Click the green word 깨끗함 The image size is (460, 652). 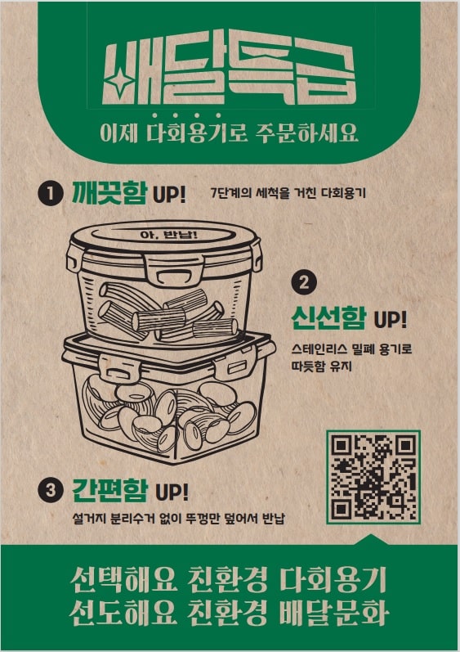[109, 194]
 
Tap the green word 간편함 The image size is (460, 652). [109, 491]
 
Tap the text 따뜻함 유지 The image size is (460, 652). [327, 366]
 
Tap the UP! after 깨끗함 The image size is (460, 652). [170, 195]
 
